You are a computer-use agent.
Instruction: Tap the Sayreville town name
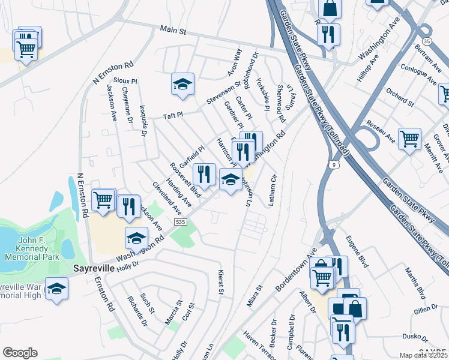[94, 268]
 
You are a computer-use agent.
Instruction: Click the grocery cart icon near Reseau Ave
[409, 139]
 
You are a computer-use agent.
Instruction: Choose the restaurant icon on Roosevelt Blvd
[204, 174]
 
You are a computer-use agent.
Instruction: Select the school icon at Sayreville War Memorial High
[56, 289]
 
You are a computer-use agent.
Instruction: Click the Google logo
[20, 353]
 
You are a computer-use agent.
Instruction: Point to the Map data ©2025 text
[424, 355]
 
